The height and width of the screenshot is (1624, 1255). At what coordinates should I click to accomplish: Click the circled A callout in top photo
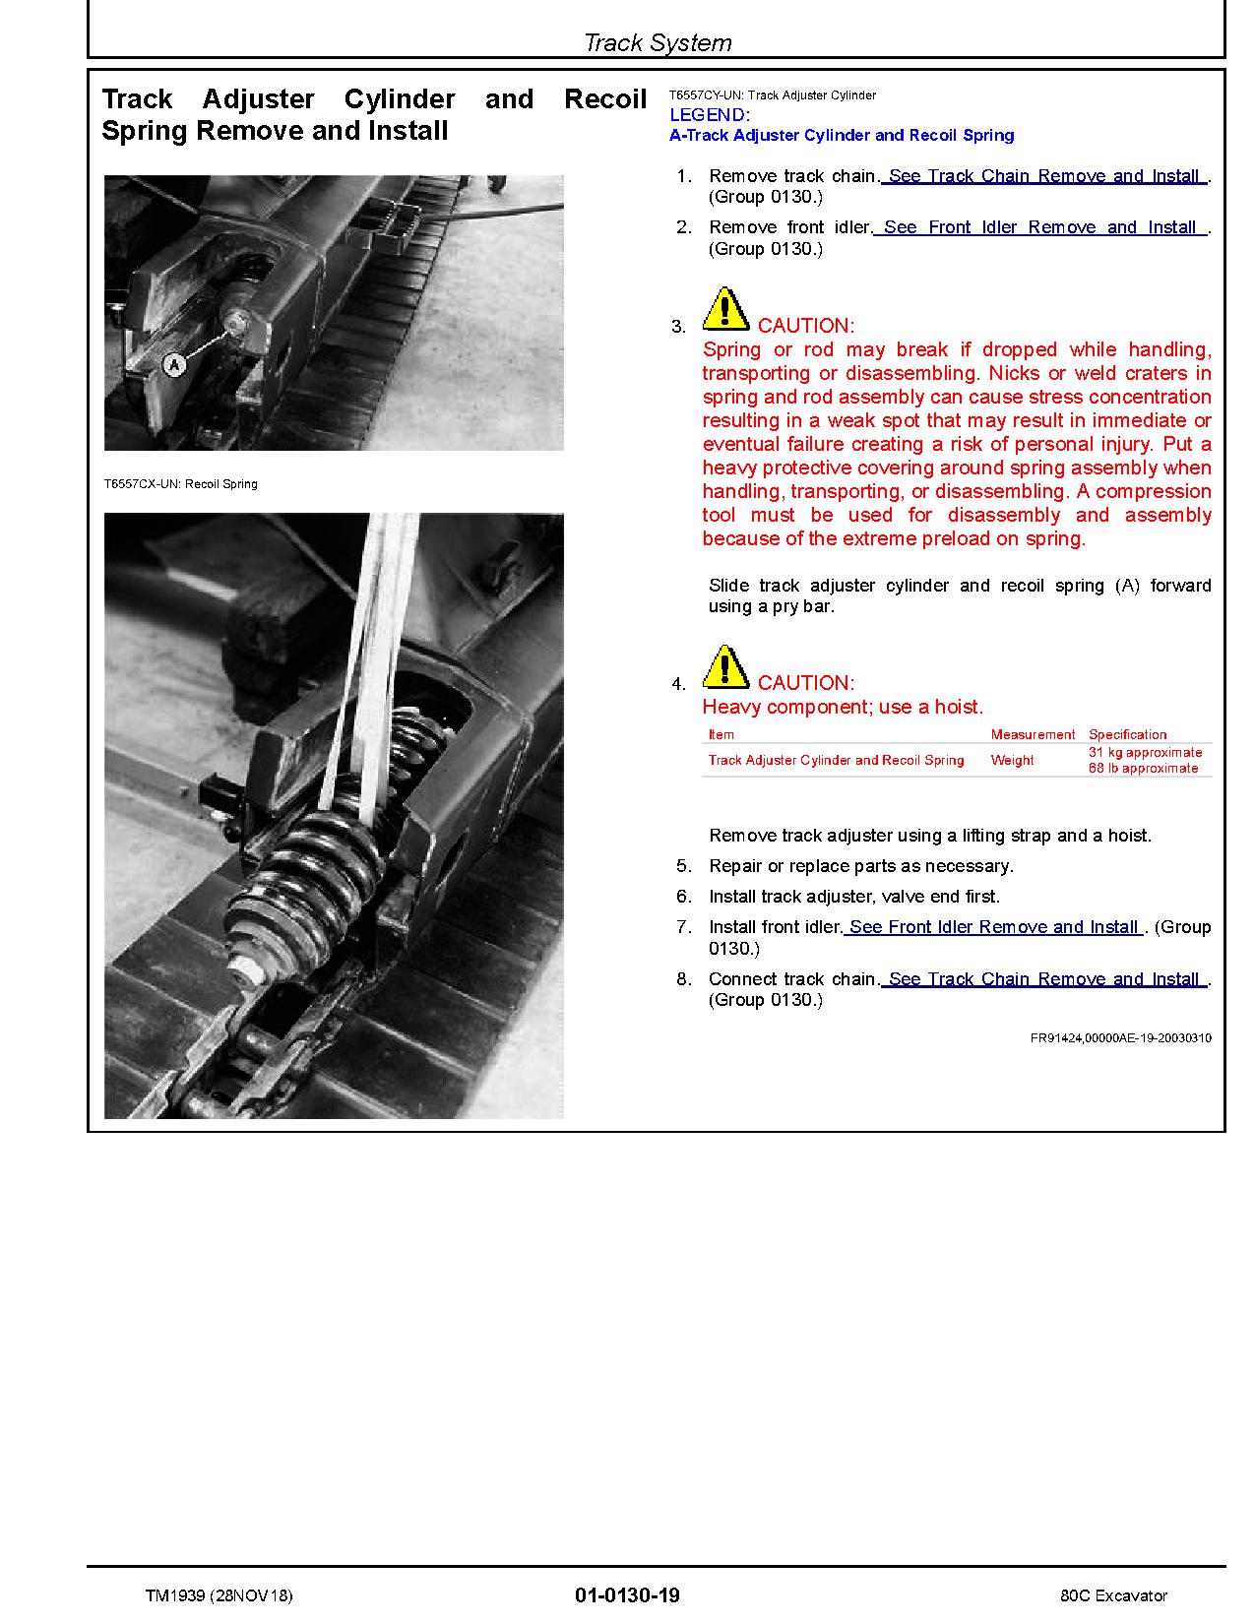click(173, 364)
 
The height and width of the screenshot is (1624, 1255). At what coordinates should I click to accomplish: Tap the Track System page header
click(657, 42)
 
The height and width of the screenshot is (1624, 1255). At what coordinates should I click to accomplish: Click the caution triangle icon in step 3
click(725, 310)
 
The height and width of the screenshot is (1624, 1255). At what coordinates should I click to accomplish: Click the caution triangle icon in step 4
click(725, 667)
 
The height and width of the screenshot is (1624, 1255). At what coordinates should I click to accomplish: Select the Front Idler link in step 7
click(993, 927)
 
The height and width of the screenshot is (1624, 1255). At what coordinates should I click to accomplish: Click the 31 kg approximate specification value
click(1145, 752)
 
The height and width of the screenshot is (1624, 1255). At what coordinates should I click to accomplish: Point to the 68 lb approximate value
click(1143, 768)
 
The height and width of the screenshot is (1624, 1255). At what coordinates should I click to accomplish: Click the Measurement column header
click(1033, 734)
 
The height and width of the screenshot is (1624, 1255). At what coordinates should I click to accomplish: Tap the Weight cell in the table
click(1012, 760)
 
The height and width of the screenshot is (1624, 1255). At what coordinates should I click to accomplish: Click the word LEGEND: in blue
click(709, 115)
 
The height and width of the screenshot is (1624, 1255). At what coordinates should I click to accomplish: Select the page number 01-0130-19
click(627, 1595)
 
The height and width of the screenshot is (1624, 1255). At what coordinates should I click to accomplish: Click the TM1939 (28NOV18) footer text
click(219, 1595)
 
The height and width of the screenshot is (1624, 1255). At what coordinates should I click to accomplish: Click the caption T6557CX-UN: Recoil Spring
click(180, 484)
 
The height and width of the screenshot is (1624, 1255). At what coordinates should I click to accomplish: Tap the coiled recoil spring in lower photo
click(315, 866)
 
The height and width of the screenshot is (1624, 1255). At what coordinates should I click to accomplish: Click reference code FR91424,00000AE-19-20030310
click(1120, 1037)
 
